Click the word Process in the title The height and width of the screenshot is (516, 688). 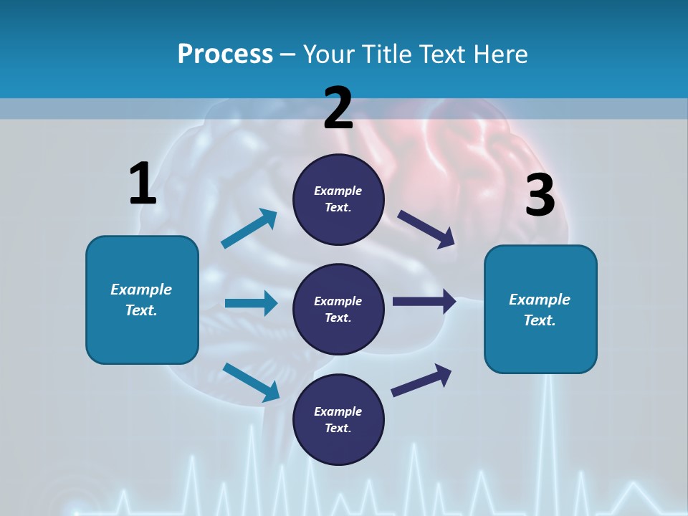click(225, 54)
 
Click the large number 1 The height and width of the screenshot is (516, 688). click(143, 183)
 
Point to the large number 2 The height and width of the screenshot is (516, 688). click(338, 108)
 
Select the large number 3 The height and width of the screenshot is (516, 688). click(540, 196)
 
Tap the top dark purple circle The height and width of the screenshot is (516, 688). click(338, 199)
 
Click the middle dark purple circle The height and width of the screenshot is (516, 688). click(338, 309)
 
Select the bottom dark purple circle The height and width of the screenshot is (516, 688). click(338, 419)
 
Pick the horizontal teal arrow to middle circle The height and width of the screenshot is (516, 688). click(251, 303)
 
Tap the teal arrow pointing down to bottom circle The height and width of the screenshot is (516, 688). click(251, 382)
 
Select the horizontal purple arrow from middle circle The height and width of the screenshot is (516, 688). click(424, 302)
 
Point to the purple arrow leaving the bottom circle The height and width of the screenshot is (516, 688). click(421, 380)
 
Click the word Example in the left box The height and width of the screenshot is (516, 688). click(141, 290)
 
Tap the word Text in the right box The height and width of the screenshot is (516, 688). click(539, 320)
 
